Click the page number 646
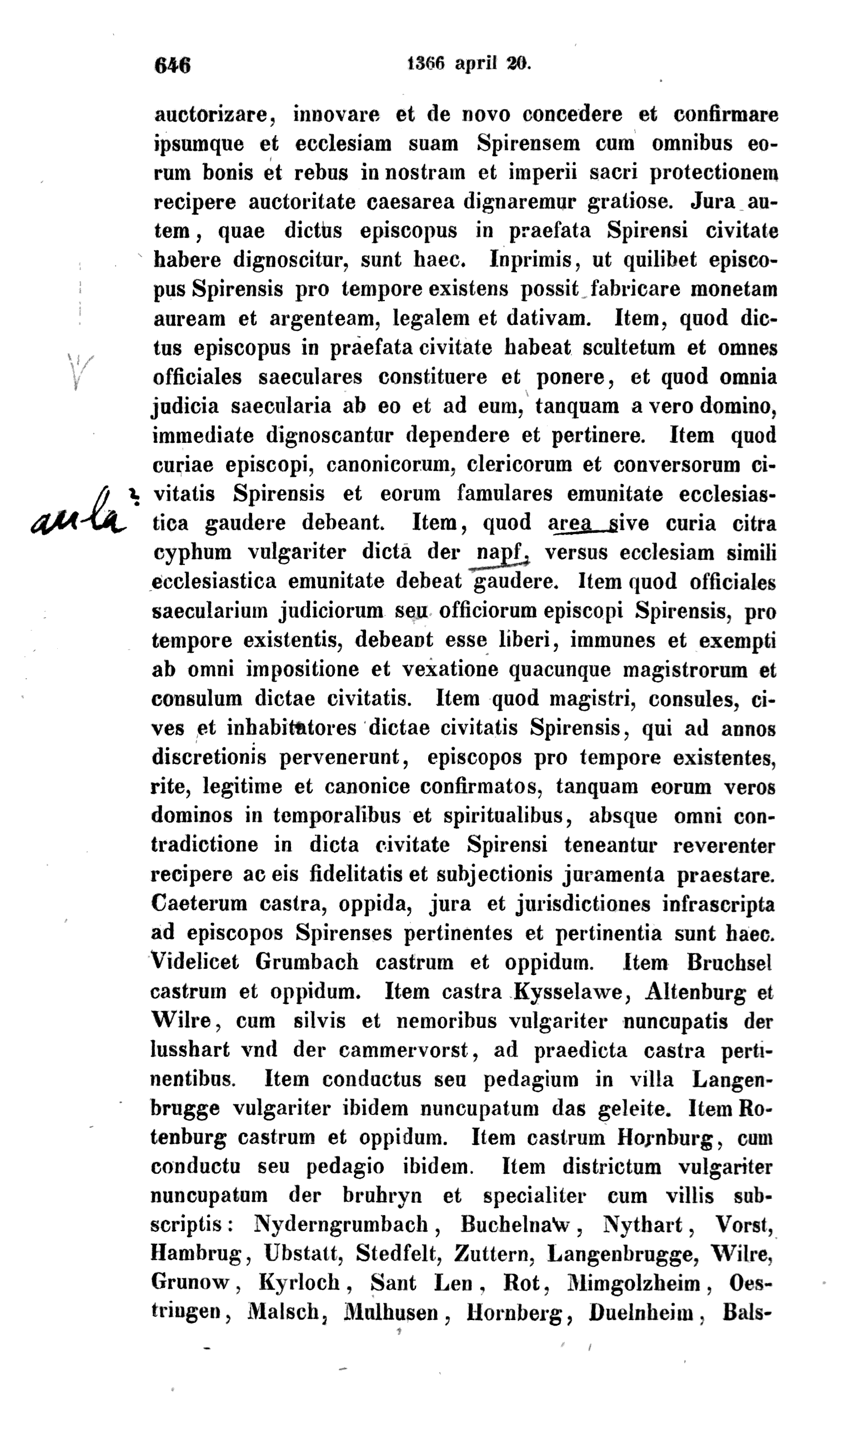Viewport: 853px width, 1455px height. (172, 65)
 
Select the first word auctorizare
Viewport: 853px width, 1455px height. (211, 114)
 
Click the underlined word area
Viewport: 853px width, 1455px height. (570, 523)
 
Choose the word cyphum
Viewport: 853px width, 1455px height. (192, 553)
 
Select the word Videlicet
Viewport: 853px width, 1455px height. (195, 962)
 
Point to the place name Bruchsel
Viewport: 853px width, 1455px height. (729, 962)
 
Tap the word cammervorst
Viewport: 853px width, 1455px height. (403, 1049)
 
